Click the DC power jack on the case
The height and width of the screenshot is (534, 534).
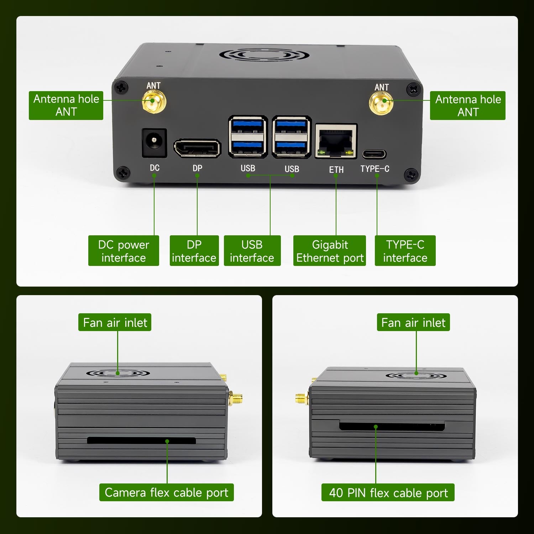(154, 142)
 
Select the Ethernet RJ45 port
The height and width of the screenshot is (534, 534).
(336, 141)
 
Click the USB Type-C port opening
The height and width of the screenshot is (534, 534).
(374, 154)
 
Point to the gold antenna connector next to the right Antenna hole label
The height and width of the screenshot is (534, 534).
(381, 103)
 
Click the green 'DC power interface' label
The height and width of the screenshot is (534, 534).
(124, 251)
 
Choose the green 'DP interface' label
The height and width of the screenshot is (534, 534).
(194, 251)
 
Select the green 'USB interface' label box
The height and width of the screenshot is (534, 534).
(252, 251)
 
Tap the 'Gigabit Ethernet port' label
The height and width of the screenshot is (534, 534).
(330, 251)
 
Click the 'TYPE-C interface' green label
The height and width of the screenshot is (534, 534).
(405, 251)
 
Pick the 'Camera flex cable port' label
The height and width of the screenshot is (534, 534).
(166, 492)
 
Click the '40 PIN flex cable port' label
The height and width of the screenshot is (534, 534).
(388, 492)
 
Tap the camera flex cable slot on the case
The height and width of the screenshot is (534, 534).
(141, 441)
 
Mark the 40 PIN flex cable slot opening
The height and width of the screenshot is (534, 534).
(392, 426)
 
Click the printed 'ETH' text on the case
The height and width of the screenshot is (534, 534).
(336, 170)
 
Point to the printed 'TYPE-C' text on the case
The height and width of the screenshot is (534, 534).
(375, 168)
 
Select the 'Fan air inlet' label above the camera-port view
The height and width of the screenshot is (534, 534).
(115, 322)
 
